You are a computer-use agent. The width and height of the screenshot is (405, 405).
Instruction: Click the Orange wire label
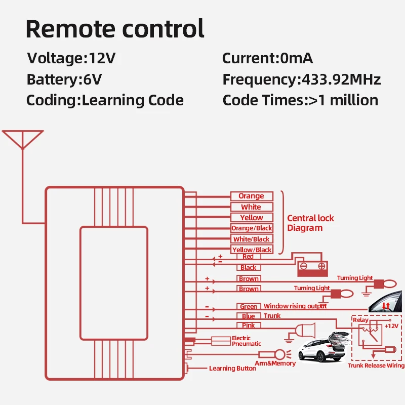(252, 196)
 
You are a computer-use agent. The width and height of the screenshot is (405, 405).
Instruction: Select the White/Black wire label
(252, 239)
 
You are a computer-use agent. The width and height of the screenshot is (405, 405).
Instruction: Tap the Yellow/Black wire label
(252, 250)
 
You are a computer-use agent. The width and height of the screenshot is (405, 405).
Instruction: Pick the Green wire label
(249, 306)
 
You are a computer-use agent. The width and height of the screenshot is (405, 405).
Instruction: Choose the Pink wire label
(249, 326)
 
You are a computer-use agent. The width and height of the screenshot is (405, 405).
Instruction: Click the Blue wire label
(249, 316)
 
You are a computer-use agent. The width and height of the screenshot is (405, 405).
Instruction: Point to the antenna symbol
(22, 140)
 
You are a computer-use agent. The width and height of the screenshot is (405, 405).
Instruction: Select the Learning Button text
(232, 369)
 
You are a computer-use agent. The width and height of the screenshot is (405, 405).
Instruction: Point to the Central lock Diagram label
(310, 223)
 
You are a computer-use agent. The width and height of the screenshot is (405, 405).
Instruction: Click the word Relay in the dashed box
(360, 320)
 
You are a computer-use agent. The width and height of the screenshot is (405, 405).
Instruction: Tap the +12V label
(391, 326)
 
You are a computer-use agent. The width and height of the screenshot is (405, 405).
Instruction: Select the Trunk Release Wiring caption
(376, 366)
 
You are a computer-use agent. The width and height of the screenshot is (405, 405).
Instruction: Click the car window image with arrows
(386, 304)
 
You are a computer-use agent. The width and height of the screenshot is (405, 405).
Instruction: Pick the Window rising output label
(295, 306)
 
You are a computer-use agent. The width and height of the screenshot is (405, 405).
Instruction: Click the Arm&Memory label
(275, 363)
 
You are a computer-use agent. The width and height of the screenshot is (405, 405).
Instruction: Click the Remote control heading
(115, 29)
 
